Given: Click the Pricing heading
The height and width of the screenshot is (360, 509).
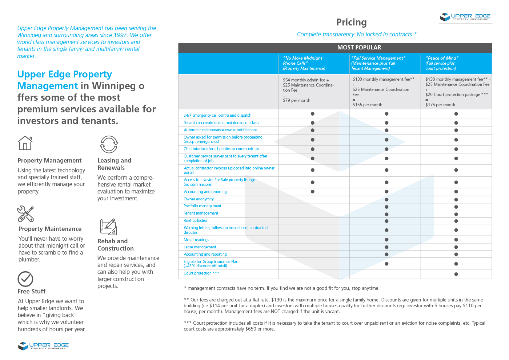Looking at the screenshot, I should pyautogui.click(x=351, y=23).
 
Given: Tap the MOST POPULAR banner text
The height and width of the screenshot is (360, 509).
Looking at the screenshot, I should pyautogui.click(x=359, y=48).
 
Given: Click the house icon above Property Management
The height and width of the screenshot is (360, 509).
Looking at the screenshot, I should pyautogui.click(x=25, y=143).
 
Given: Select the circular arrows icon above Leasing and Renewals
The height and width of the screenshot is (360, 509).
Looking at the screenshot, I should pyautogui.click(x=109, y=144).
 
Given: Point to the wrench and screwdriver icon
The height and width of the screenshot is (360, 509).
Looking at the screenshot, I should pyautogui.click(x=25, y=214).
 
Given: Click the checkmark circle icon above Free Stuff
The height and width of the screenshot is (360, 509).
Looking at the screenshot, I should pyautogui.click(x=25, y=279).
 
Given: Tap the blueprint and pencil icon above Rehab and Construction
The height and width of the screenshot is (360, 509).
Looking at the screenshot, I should pyautogui.click(x=108, y=227).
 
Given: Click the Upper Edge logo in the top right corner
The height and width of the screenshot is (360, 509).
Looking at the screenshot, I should pyautogui.click(x=465, y=17).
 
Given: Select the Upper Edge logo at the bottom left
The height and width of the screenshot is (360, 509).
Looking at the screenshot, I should pyautogui.click(x=43, y=345).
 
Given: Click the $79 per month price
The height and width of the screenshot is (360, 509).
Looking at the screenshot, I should pyautogui.click(x=296, y=100).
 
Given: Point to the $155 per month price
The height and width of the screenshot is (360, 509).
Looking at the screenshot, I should pyautogui.click(x=367, y=105).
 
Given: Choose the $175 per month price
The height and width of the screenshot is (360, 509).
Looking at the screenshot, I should pyautogui.click(x=440, y=105).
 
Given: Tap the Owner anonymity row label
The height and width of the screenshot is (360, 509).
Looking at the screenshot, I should pyautogui.click(x=199, y=199).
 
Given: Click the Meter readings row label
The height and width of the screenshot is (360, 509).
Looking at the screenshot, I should pyautogui.click(x=196, y=240).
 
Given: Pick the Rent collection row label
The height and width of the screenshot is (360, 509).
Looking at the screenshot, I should pyautogui.click(x=196, y=221).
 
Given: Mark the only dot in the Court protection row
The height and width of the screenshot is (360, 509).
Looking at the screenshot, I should pyautogui.click(x=456, y=274).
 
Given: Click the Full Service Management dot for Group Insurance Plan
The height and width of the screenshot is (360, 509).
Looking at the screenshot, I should pyautogui.click(x=386, y=264).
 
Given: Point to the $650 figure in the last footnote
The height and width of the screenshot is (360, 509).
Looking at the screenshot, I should pyautogui.click(x=251, y=329).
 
